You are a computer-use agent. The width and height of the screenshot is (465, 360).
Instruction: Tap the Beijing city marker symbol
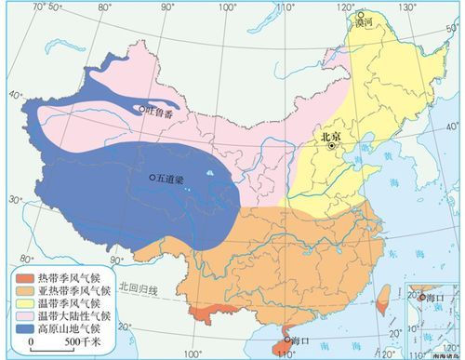coord(330,144)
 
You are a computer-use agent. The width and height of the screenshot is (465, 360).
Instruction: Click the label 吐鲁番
coord(160,109)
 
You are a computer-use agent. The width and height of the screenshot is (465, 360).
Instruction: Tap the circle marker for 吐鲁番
coord(141,109)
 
